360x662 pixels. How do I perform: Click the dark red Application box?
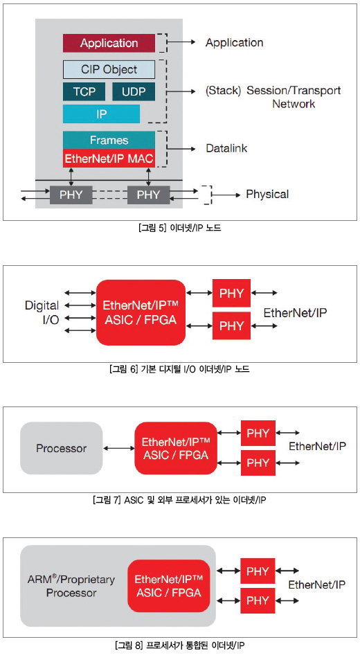click(109, 43)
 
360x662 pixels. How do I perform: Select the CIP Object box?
click(109, 70)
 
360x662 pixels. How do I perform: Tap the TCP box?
click(84, 91)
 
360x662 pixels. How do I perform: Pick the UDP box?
click(134, 91)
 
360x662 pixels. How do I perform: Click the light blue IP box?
click(101, 114)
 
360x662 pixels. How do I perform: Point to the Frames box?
click(109, 140)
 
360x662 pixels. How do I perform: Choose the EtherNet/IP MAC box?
click(109, 159)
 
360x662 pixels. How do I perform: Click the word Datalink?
click(226, 148)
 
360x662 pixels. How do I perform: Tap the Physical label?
click(267, 194)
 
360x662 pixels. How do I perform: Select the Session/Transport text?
click(294, 90)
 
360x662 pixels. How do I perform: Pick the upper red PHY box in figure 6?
click(232, 293)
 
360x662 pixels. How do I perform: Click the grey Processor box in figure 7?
click(61, 448)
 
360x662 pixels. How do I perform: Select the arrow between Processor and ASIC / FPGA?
click(118, 448)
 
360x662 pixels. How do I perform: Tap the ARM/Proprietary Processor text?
click(71, 586)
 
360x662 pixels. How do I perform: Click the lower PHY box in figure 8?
click(258, 601)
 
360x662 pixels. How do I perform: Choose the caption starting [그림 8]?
click(179, 645)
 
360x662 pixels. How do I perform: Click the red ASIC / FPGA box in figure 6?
click(141, 312)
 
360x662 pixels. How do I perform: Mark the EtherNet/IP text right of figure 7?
click(317, 446)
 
